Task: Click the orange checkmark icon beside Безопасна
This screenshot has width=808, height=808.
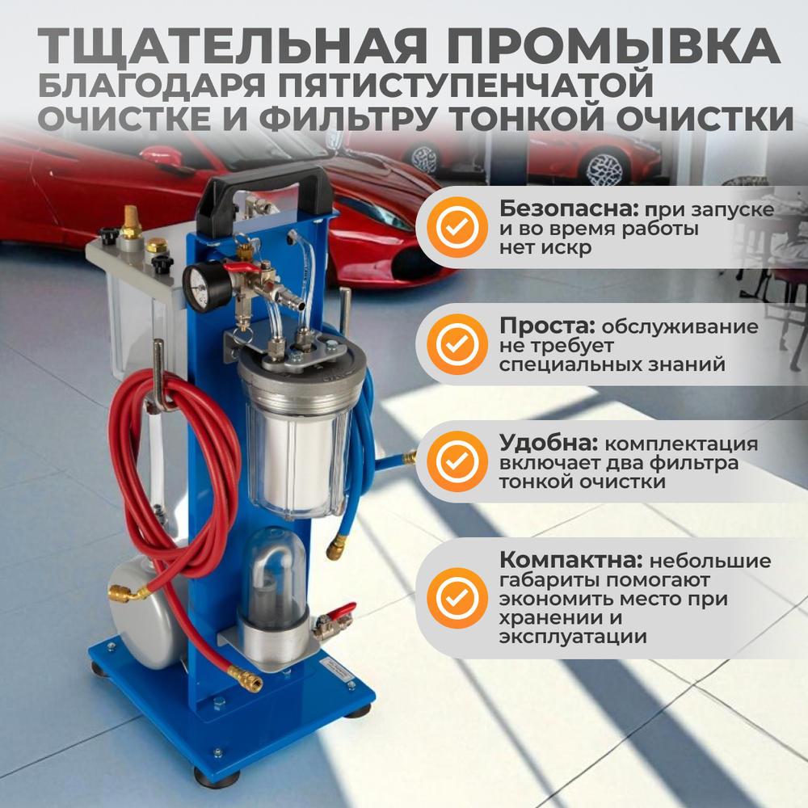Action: [x=457, y=227]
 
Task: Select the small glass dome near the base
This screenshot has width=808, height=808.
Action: [x=275, y=578]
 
